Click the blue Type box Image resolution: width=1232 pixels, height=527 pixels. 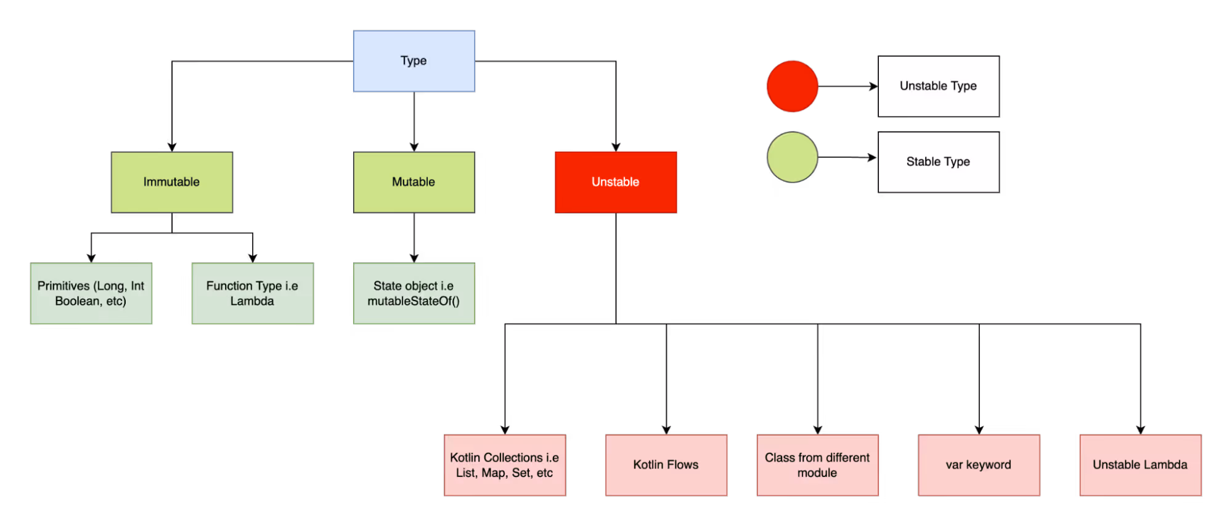(414, 61)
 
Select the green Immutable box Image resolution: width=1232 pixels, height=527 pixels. (172, 182)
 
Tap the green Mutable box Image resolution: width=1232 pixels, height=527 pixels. (414, 182)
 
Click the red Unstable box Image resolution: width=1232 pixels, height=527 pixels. (616, 182)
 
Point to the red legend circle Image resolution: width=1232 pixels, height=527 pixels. (792, 86)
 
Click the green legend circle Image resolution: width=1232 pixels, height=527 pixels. (792, 157)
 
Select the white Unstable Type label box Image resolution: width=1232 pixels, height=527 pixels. (938, 86)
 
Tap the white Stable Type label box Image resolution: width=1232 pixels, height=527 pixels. (938, 162)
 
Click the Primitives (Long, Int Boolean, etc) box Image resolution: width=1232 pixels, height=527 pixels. (91, 294)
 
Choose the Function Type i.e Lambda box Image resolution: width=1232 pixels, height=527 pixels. (252, 294)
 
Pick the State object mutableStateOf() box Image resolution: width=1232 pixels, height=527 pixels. (414, 294)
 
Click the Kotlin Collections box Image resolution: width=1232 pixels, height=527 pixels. (505, 465)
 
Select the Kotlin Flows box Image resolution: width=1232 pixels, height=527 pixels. (666, 465)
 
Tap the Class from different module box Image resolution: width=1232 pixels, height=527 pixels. (817, 465)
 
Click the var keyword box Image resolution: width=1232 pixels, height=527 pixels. (979, 465)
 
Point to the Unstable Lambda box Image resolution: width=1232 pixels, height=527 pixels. (1140, 465)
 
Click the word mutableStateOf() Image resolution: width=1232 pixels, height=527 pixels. (414, 301)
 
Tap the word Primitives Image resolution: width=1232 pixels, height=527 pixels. (63, 286)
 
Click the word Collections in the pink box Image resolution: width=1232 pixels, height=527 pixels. (513, 458)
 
